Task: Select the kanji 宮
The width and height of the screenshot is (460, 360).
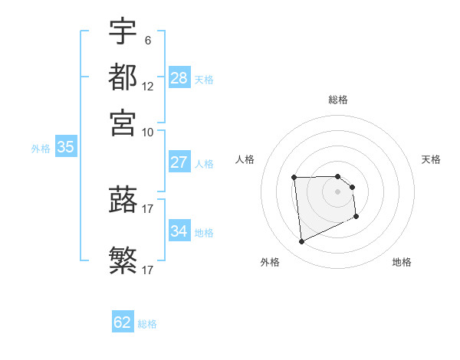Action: point(123,123)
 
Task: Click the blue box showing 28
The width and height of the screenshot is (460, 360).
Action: point(179,78)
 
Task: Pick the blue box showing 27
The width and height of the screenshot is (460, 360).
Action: point(179,162)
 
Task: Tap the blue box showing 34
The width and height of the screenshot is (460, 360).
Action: point(179,231)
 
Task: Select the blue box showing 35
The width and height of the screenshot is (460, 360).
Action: point(65,148)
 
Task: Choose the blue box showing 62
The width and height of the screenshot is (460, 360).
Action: point(123,322)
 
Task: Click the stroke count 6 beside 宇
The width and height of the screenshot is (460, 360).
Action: point(147,40)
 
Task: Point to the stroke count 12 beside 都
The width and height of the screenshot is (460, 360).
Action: point(148,87)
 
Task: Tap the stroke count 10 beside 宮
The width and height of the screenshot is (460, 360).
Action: point(148,132)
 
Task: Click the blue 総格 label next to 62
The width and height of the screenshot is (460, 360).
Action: point(148,324)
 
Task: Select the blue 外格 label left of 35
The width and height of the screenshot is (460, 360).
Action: point(41,149)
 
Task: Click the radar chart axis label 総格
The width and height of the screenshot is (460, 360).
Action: point(338,100)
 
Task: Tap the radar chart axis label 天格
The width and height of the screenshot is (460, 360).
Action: point(432,159)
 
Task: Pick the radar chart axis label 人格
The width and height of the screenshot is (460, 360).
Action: point(245,159)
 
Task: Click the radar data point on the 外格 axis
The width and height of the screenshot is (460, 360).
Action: point(301,242)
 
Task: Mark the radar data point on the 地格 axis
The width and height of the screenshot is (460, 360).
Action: point(356,217)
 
